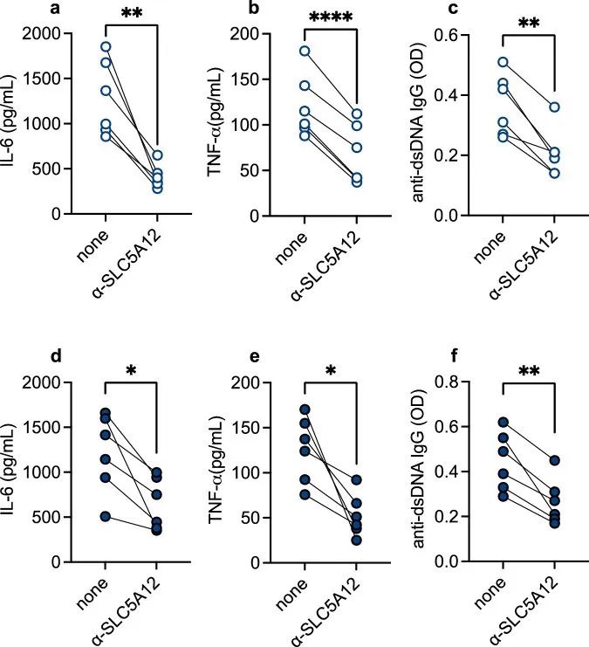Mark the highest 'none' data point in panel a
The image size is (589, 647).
click(x=106, y=46)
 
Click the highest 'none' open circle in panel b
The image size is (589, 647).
click(x=305, y=51)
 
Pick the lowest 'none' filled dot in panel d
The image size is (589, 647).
click(x=106, y=516)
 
